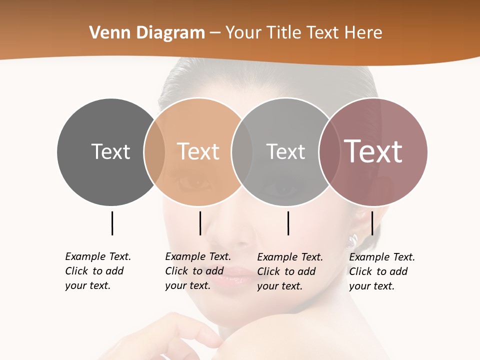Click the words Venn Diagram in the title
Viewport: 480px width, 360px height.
click(147, 33)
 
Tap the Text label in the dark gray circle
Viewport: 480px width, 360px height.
click(110, 151)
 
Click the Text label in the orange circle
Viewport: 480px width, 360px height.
click(198, 151)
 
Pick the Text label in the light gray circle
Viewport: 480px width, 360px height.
click(285, 151)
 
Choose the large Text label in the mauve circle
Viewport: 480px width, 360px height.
click(373, 151)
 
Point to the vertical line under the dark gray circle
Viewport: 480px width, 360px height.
click(112, 223)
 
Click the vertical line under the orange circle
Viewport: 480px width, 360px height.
click(200, 223)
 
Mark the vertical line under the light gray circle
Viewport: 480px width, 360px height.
click(288, 223)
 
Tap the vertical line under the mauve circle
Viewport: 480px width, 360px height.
click(372, 223)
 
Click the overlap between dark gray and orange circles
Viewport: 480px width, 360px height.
click(154, 152)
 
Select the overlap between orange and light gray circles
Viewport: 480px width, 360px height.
click(242, 152)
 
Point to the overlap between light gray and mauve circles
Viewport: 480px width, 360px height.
click(328, 152)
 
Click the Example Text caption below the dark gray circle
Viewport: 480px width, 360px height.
click(98, 271)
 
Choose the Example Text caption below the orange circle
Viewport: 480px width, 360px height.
click(198, 271)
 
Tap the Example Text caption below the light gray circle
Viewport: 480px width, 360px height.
click(290, 271)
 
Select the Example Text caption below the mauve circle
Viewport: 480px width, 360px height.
click(382, 271)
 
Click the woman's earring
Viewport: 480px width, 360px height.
click(353, 240)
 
